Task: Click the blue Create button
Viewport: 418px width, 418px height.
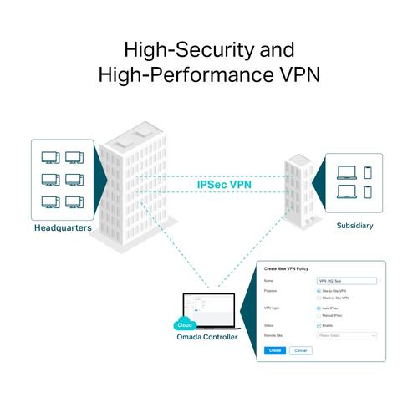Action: click(274, 350)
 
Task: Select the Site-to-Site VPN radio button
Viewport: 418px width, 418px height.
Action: click(319, 291)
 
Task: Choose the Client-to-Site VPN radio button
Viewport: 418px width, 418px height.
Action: click(319, 298)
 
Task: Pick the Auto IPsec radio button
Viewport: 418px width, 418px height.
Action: click(319, 308)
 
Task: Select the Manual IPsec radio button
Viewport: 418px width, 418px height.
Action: click(319, 315)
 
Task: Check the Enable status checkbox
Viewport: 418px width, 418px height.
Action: click(319, 325)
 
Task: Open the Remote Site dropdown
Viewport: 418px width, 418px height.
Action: click(346, 335)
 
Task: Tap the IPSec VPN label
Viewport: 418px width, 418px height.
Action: click(224, 184)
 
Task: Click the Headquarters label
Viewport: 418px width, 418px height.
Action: click(63, 227)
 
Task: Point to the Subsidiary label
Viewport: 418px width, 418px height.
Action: click(354, 226)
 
